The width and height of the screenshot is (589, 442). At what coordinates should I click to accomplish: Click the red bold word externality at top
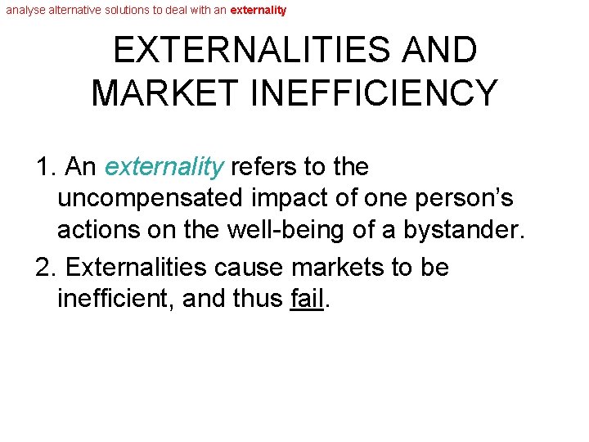[259, 11]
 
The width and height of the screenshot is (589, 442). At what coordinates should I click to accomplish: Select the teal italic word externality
[164, 167]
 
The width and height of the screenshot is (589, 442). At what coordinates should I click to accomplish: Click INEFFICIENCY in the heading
[377, 92]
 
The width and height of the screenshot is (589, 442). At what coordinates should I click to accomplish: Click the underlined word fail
[307, 300]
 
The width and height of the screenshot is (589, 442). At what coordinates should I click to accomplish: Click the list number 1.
[46, 167]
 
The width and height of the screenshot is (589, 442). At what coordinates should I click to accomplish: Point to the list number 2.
[46, 268]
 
